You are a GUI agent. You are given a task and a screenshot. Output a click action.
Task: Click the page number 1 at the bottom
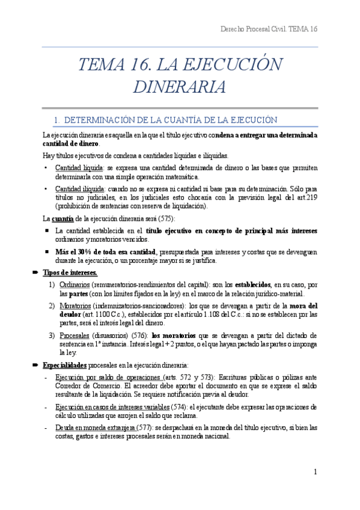[315, 472]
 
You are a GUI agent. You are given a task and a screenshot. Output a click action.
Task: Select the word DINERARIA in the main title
[180, 87]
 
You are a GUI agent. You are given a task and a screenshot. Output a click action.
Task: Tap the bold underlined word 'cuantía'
[63, 218]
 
